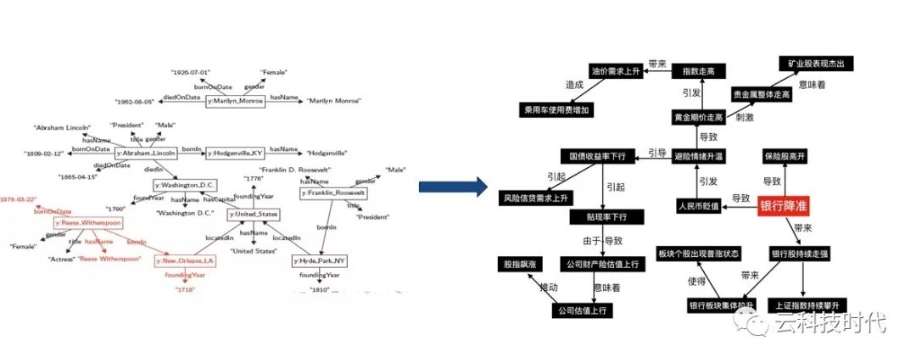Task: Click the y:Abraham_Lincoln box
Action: (146, 153)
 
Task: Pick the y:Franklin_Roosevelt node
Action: (333, 193)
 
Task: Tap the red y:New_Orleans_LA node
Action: (185, 260)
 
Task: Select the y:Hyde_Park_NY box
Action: (321, 260)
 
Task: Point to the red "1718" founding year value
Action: (185, 290)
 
